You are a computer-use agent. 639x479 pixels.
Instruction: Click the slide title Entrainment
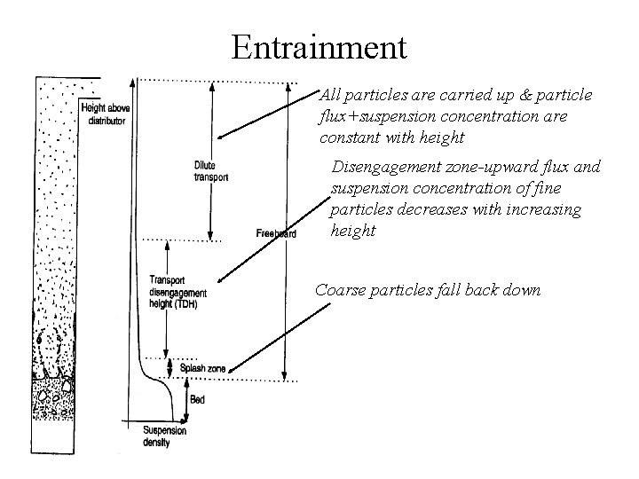point(319,46)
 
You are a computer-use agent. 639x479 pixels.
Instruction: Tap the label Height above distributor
point(104,114)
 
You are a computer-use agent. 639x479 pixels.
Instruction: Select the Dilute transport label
point(210,171)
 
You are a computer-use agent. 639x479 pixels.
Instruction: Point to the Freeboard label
point(275,233)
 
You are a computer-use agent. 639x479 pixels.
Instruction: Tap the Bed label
point(197,400)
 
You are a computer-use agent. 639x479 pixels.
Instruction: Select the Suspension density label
point(164,436)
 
